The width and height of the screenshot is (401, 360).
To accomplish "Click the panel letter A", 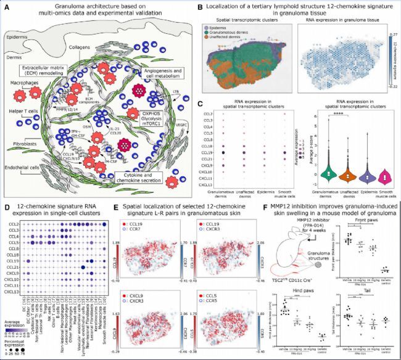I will click(x=5, y=6).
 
